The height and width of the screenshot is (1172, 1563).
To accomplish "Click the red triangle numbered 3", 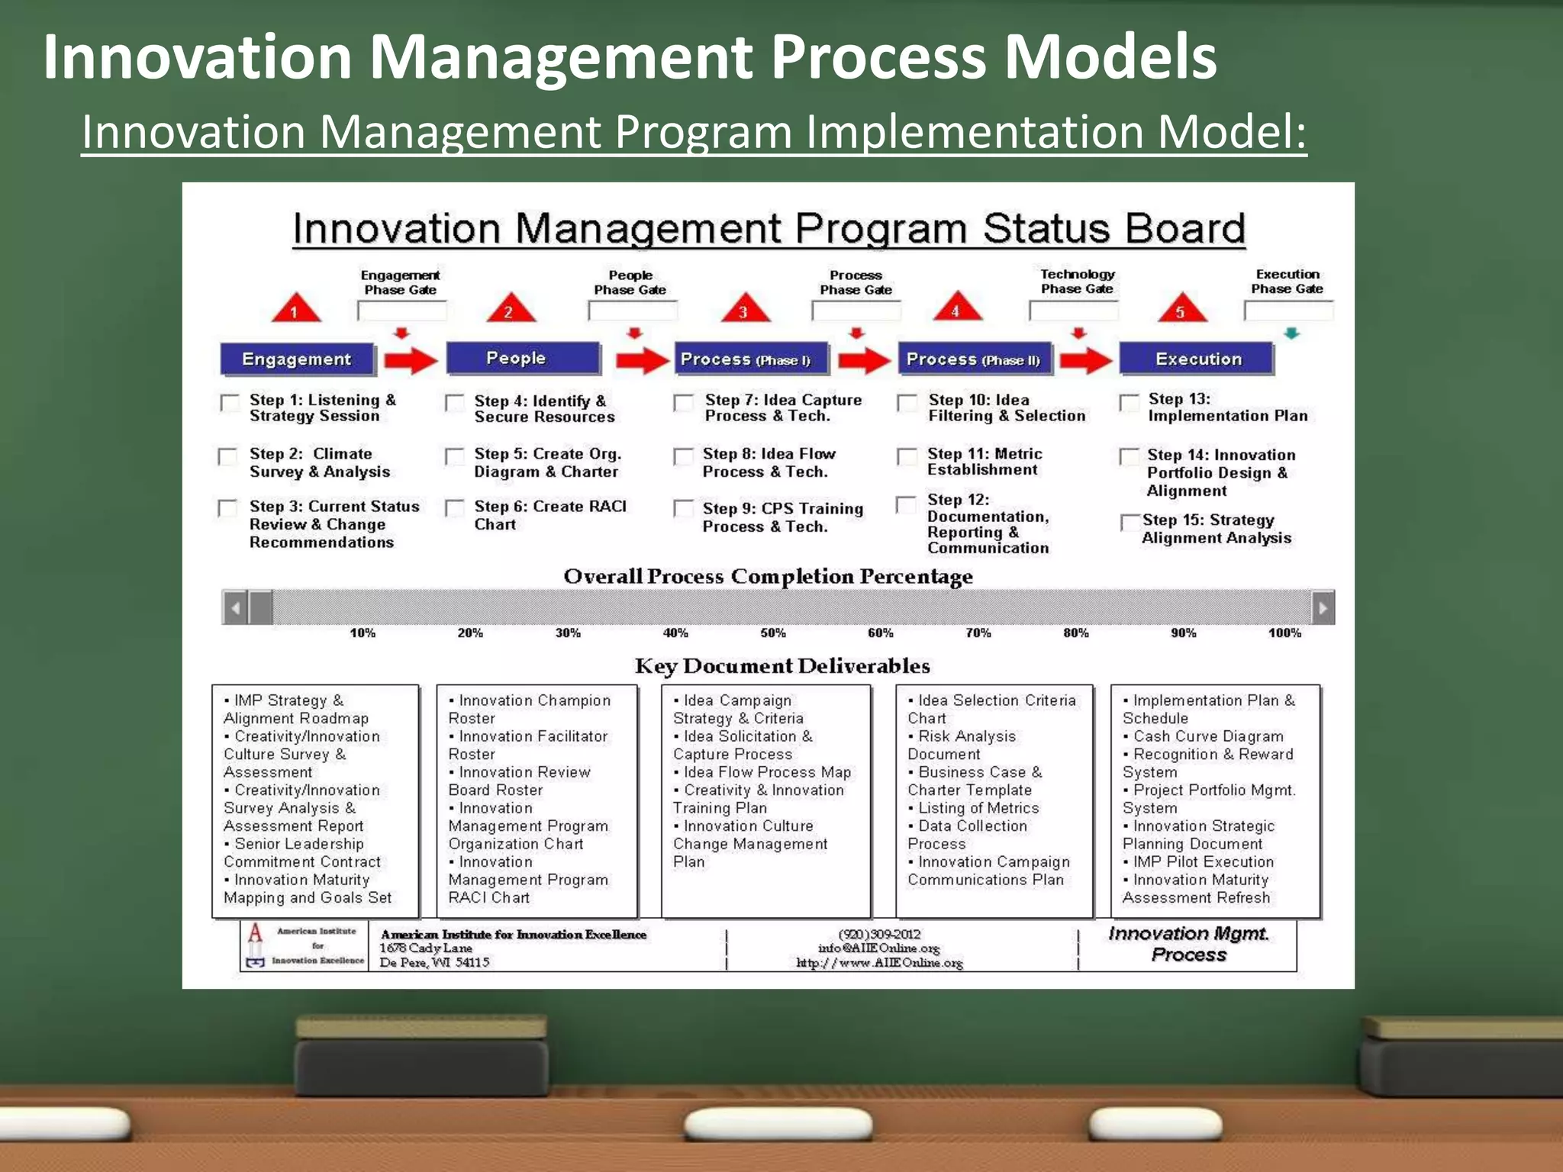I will point(745,308).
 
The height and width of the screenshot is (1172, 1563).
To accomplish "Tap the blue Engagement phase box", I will point(297,359).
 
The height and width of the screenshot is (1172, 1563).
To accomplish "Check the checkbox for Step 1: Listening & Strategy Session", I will point(229,403).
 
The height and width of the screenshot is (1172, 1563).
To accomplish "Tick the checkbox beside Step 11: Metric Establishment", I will point(907,457).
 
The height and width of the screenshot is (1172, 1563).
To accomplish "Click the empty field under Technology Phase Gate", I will point(1074,311).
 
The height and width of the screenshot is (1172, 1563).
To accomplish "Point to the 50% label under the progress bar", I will point(772,633).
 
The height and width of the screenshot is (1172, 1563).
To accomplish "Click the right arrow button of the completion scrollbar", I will point(1323,608).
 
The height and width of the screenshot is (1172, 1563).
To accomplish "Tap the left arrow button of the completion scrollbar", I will point(235,608).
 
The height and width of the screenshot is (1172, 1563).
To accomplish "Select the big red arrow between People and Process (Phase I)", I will point(642,359).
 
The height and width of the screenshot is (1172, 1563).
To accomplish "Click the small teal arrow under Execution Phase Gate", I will point(1291,333).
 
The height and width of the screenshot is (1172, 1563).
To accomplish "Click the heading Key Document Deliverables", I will point(782,666).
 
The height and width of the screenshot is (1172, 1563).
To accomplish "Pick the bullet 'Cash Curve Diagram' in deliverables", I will point(1207,736).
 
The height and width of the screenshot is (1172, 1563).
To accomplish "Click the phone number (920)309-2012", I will point(879,934).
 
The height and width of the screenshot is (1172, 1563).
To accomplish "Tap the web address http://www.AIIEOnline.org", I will point(879,963).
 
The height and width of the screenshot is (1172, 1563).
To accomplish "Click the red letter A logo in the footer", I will point(256,933).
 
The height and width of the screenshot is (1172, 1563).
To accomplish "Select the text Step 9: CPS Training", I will point(782,509).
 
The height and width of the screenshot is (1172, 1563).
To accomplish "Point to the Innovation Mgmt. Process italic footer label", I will point(1188,944).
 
